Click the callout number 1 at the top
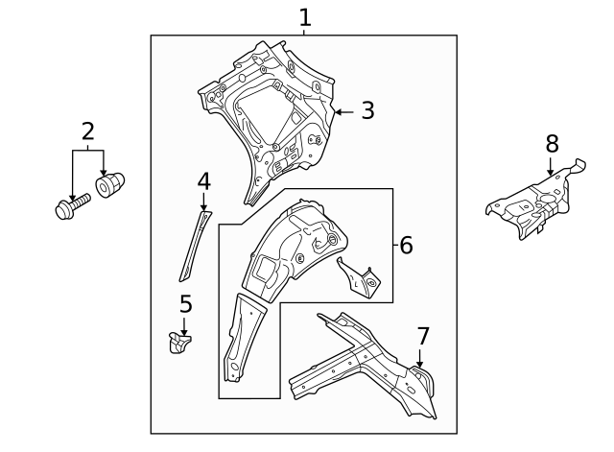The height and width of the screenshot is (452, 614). [305, 17]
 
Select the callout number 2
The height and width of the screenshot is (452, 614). [87, 131]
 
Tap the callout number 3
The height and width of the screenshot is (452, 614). [367, 111]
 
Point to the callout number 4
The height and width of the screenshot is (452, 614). [203, 180]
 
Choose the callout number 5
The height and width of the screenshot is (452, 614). [185, 304]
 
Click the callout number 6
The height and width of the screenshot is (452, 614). [406, 246]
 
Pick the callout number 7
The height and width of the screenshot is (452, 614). [423, 336]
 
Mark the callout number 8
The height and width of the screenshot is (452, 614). [552, 144]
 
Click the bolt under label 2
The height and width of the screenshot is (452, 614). [72, 204]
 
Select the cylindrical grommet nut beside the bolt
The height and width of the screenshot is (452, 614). [111, 181]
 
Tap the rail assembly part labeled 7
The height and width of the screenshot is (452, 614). [365, 369]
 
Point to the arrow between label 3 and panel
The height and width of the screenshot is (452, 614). [342, 112]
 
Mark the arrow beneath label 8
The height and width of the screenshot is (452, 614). [550, 168]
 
